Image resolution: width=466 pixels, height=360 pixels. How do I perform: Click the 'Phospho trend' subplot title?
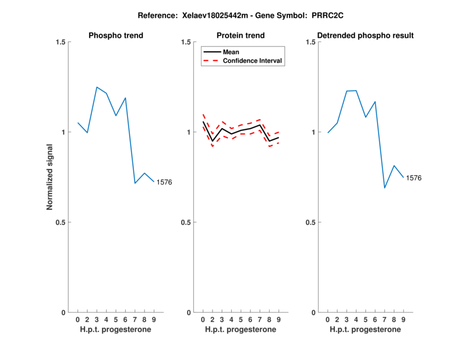tap(116, 36)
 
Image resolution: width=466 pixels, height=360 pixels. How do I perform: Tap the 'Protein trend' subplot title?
tap(241, 36)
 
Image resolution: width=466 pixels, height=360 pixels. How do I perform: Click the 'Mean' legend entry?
tap(231, 52)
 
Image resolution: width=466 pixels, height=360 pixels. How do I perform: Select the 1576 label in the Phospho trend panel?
tap(164, 182)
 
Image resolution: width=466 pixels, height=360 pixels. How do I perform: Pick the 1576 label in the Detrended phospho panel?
tap(414, 178)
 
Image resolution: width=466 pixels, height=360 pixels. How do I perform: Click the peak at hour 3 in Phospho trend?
tap(97, 87)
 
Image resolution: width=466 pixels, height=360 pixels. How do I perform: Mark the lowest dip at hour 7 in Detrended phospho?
tap(384, 188)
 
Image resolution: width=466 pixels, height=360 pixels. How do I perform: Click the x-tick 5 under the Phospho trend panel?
tap(116, 319)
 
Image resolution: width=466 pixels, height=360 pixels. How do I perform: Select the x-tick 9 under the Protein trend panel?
tap(278, 319)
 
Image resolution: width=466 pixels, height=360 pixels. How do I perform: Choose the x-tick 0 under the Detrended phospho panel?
tap(328, 319)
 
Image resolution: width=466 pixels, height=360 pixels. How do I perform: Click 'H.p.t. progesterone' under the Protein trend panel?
tap(241, 330)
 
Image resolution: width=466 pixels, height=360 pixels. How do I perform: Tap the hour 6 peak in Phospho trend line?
tap(125, 98)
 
